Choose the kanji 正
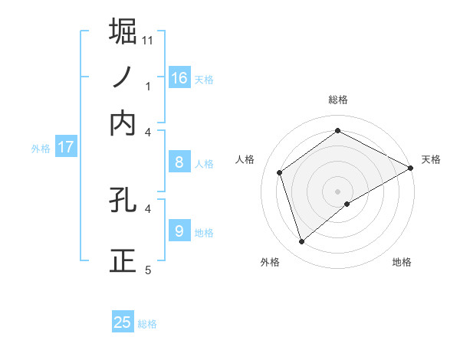point(123,260)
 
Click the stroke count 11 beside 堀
point(148,39)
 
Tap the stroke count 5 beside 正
point(148,270)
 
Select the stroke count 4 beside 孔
point(148,208)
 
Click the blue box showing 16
point(179,77)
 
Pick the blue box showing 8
point(179,162)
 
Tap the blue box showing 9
point(179,231)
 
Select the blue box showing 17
point(66,147)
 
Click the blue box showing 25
point(123,322)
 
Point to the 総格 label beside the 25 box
point(147,324)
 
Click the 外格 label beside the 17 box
point(41,149)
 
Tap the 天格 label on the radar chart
point(431,159)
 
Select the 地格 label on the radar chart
point(402,262)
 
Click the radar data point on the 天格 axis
point(411,169)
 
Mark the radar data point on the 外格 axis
point(302,242)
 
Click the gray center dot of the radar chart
point(338,191)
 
